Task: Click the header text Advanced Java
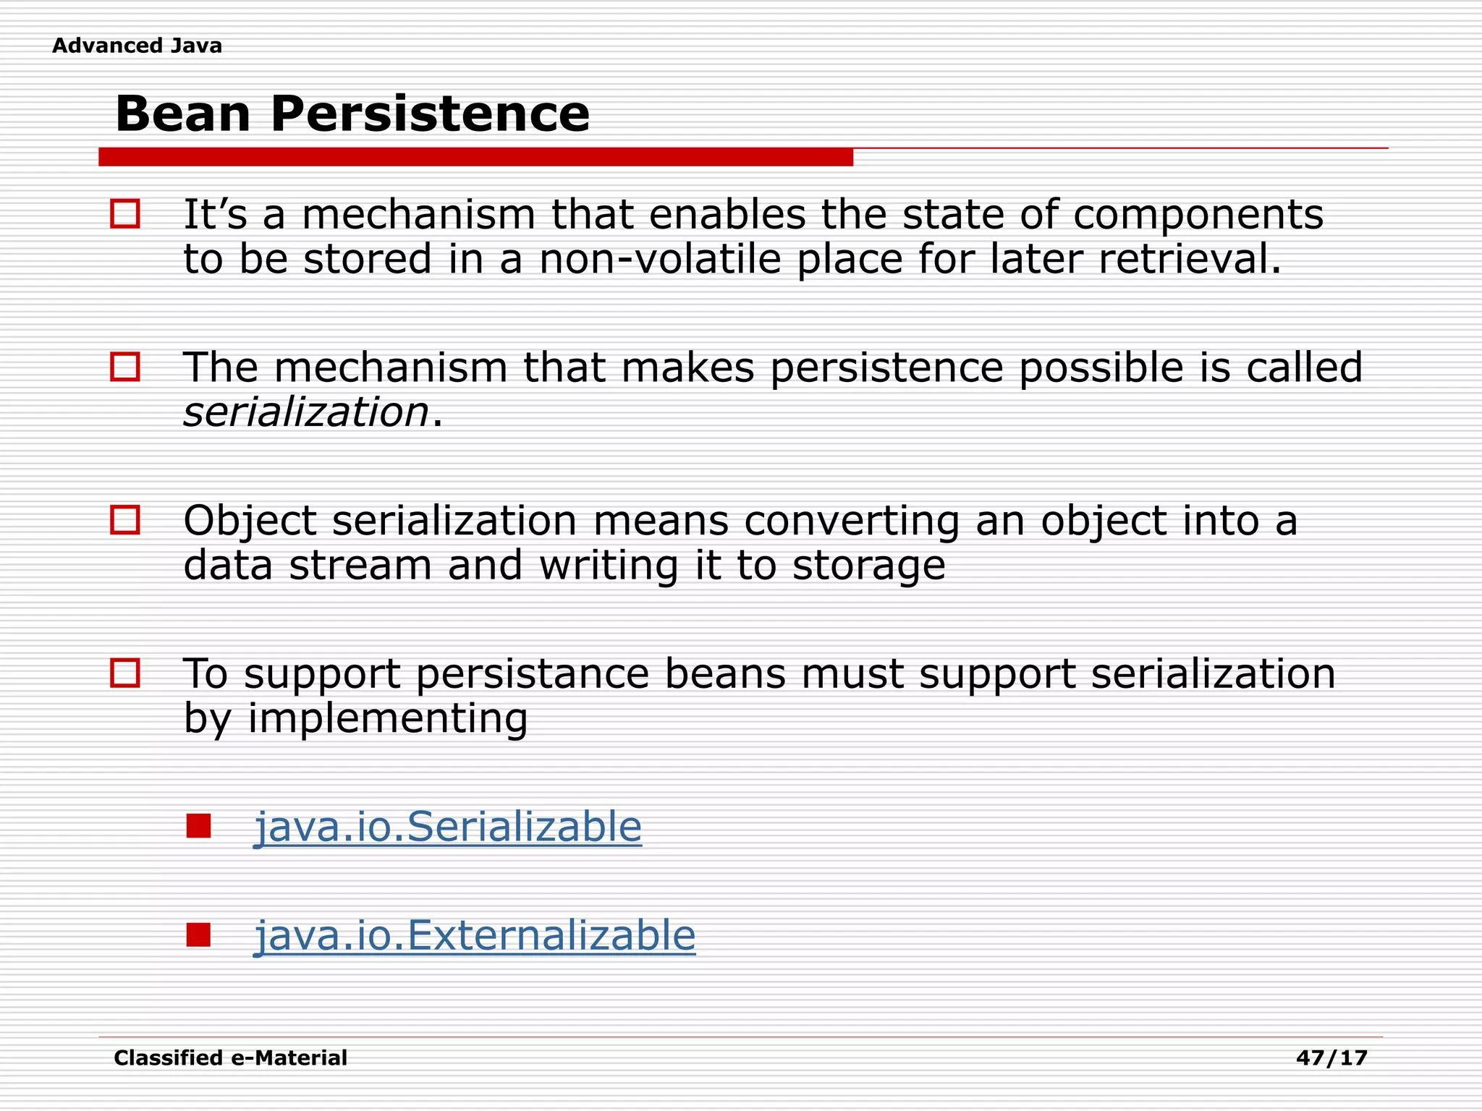point(137,46)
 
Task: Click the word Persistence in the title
point(430,114)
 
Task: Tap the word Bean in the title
point(183,114)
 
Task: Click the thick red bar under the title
point(475,157)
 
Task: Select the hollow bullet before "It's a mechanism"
point(124,214)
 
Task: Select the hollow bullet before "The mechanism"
point(124,367)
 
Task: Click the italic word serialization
point(307,412)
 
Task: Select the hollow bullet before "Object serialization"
point(124,520)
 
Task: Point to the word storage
point(868,566)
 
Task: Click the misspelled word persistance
point(533,674)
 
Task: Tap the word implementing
point(388,719)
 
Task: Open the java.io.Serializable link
point(448,827)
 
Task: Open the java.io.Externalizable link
point(475,935)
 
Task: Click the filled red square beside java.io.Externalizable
point(198,935)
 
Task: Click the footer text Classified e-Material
point(230,1058)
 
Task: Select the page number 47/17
point(1331,1058)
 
